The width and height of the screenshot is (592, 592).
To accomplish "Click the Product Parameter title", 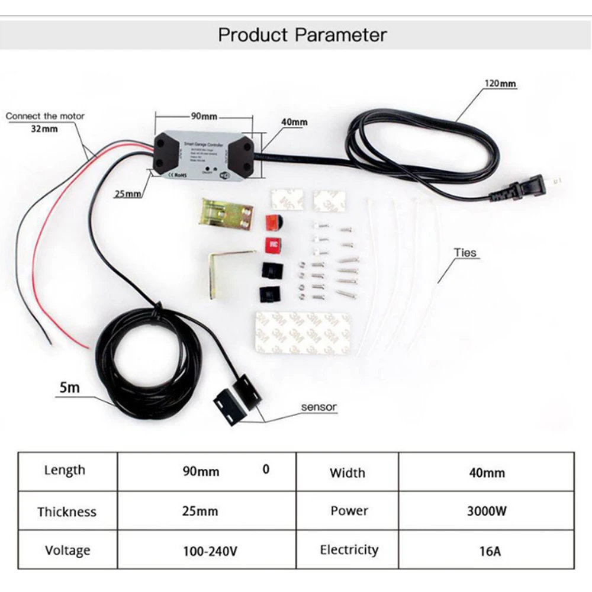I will (302, 35).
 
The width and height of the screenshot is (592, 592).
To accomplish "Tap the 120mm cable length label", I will (500, 84).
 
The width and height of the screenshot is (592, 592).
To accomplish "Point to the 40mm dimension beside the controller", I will (294, 122).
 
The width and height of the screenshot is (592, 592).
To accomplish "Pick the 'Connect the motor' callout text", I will (45, 116).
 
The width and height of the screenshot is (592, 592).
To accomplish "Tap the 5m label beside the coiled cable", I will (69, 388).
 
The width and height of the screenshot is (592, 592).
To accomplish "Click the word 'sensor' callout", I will (318, 407).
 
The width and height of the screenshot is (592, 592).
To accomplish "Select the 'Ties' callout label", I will (465, 253).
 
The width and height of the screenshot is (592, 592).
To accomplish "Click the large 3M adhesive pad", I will (302, 333).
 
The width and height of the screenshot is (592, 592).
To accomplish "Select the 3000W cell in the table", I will (486, 511).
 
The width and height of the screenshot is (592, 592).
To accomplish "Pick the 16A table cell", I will (486, 551).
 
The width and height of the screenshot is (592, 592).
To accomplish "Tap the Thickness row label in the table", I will (66, 511).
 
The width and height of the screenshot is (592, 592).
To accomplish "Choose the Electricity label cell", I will (349, 550).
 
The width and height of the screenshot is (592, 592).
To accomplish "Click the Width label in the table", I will (347, 472).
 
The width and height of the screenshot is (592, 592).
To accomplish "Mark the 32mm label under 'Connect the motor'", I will (45, 128).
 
